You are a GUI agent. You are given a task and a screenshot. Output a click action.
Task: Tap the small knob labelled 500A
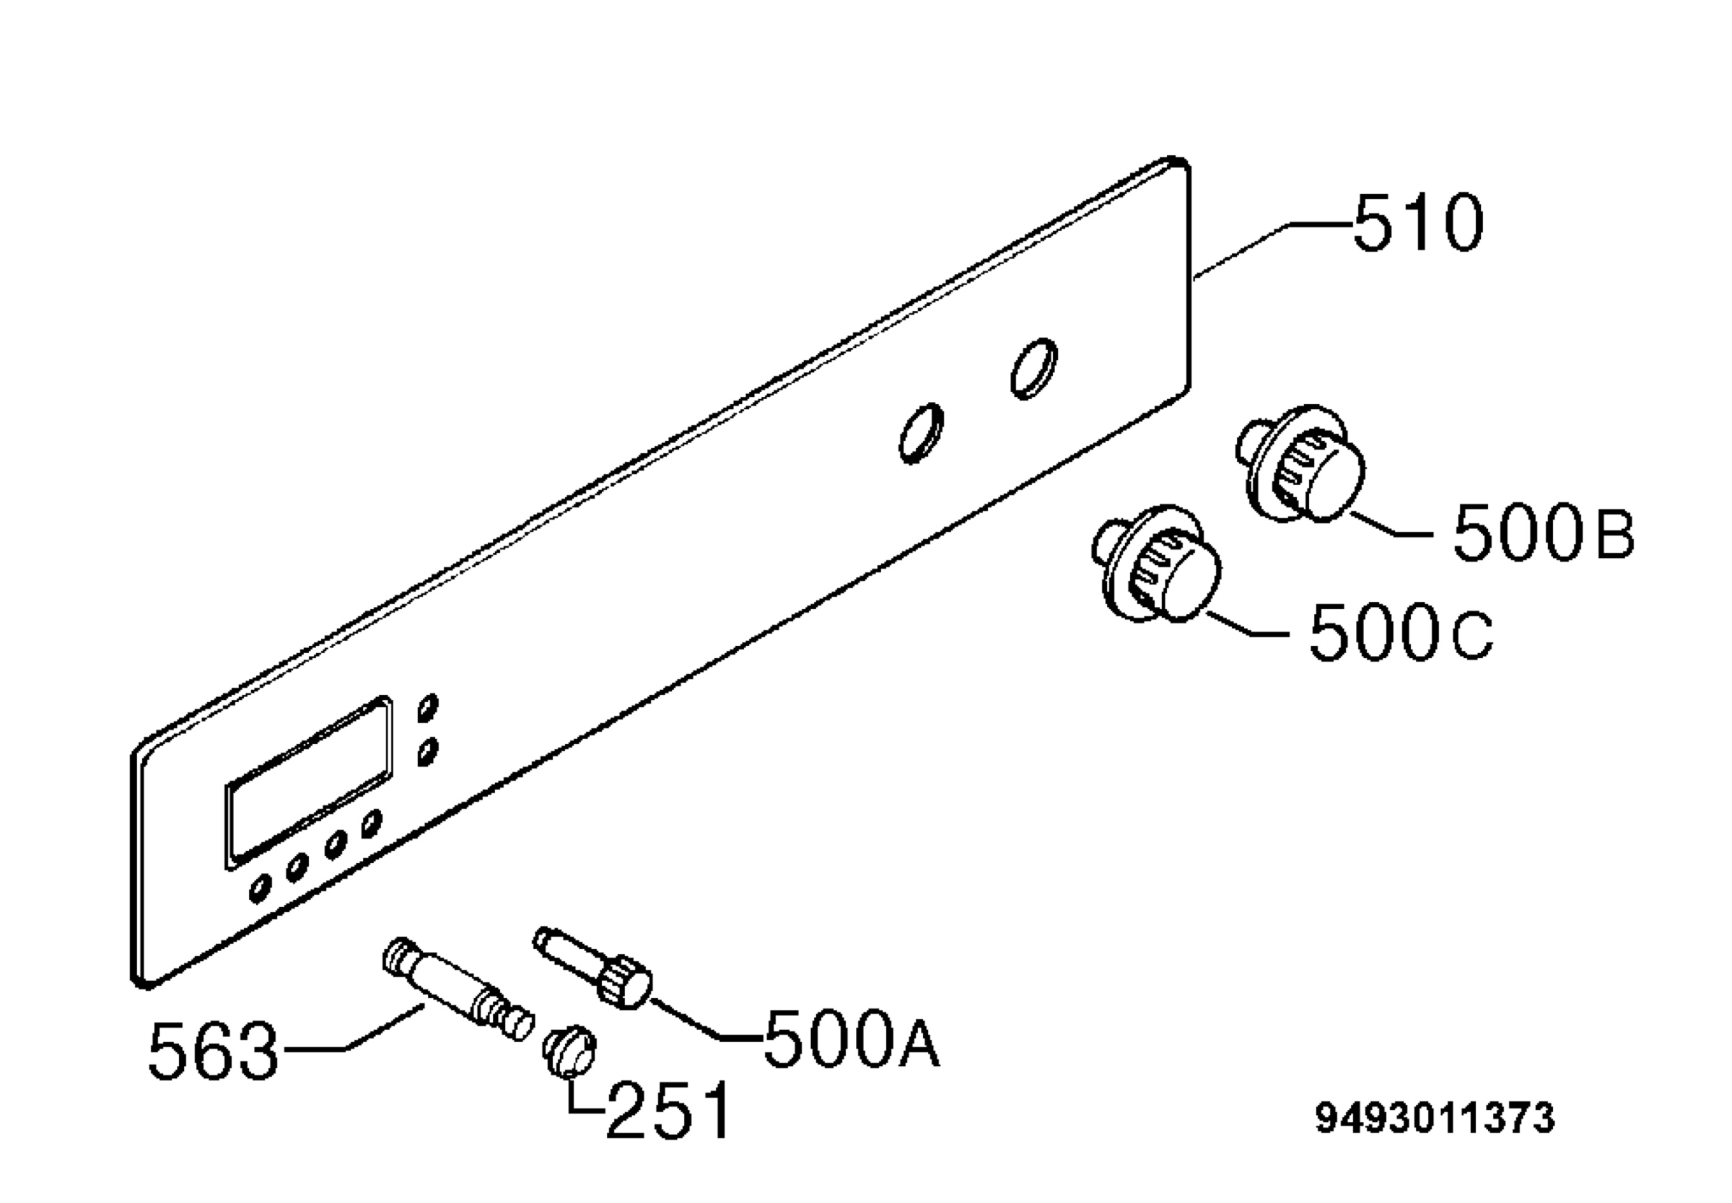[x=593, y=968]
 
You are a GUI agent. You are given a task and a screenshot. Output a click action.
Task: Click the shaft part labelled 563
[x=458, y=988]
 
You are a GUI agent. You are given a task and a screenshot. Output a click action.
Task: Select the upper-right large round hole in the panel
[x=1033, y=368]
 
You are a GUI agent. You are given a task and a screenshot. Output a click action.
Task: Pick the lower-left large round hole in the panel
[x=921, y=434]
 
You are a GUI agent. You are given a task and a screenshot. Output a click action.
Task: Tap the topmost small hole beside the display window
[x=428, y=708]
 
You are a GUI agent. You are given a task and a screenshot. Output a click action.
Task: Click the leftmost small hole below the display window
[x=260, y=888]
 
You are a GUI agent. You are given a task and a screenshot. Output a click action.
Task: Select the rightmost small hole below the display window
[x=371, y=825]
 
